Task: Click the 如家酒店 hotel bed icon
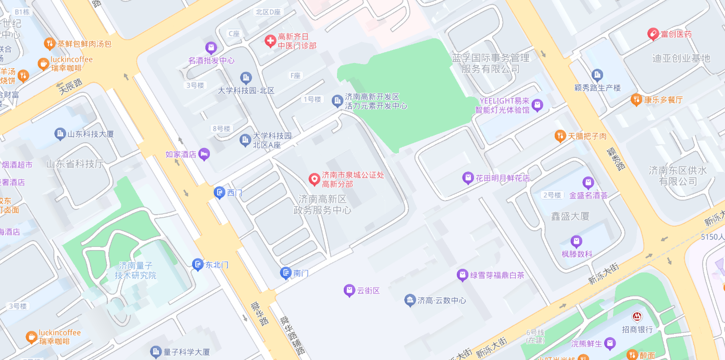click(x=204, y=154)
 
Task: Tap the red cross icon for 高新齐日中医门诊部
click(x=270, y=41)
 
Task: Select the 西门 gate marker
click(x=219, y=193)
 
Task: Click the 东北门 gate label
click(x=217, y=265)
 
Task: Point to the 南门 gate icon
click(x=285, y=272)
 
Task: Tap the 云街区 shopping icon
click(x=349, y=291)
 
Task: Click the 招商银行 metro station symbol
click(x=636, y=317)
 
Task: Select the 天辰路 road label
click(x=70, y=86)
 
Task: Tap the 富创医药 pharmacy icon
click(x=653, y=34)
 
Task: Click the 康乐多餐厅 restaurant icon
click(x=636, y=100)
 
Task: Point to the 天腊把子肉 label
click(x=587, y=136)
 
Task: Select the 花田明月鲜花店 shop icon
click(x=468, y=178)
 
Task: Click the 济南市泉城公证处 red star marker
click(x=314, y=179)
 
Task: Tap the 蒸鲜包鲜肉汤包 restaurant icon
click(x=49, y=44)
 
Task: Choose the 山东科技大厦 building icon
click(x=60, y=134)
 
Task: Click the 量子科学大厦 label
click(x=187, y=352)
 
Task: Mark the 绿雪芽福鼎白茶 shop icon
click(x=462, y=275)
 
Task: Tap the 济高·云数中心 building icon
click(x=410, y=300)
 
